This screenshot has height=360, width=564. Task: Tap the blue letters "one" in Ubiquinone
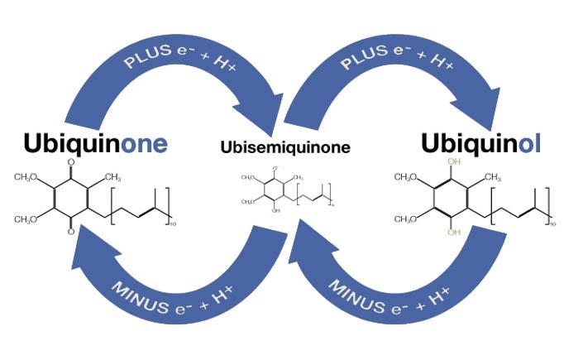[x=145, y=144]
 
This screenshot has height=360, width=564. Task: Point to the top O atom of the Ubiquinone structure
[x=71, y=163]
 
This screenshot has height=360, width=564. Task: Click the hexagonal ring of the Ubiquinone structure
[x=71, y=198]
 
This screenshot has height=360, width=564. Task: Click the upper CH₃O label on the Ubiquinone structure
[x=26, y=176]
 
